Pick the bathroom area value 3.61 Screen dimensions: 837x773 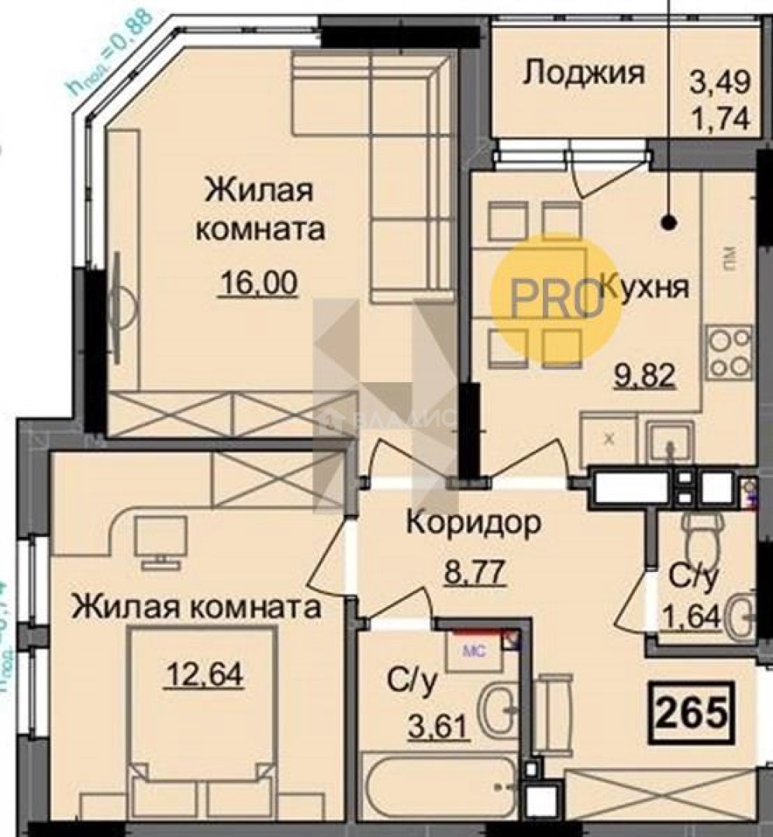[x=430, y=727]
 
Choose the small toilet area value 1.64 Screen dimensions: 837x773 [x=692, y=617]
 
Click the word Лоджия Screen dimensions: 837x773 [x=583, y=73]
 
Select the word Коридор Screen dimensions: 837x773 [x=474, y=524]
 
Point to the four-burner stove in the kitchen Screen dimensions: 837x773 [x=728, y=353]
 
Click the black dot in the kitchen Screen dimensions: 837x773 [x=668, y=223]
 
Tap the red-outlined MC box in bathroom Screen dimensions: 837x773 [x=474, y=649]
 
